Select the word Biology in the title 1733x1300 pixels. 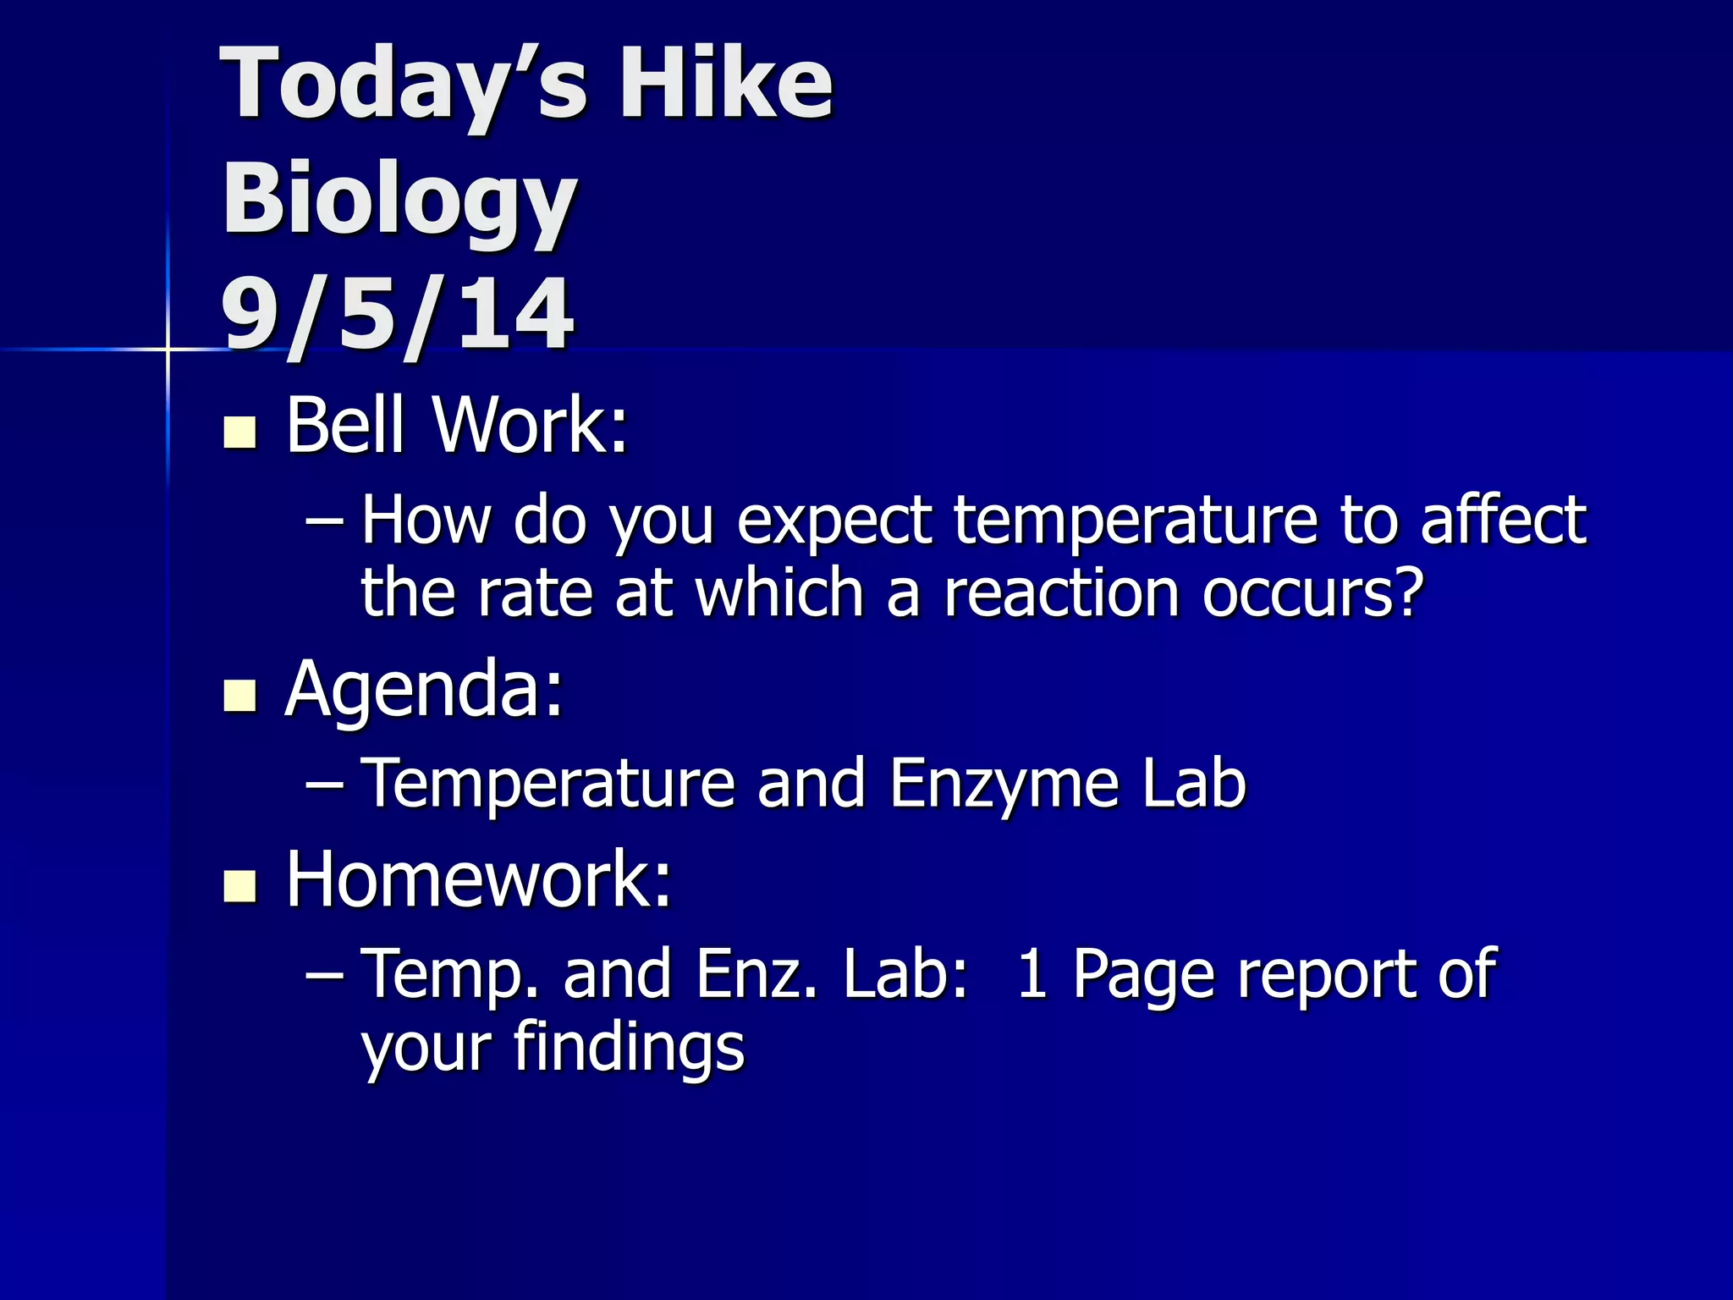(399, 201)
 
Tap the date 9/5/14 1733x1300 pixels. (398, 315)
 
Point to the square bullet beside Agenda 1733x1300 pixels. (239, 696)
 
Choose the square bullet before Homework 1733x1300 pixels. (239, 886)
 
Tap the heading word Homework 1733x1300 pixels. (479, 880)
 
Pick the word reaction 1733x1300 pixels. (1061, 593)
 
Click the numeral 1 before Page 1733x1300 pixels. (1032, 974)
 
